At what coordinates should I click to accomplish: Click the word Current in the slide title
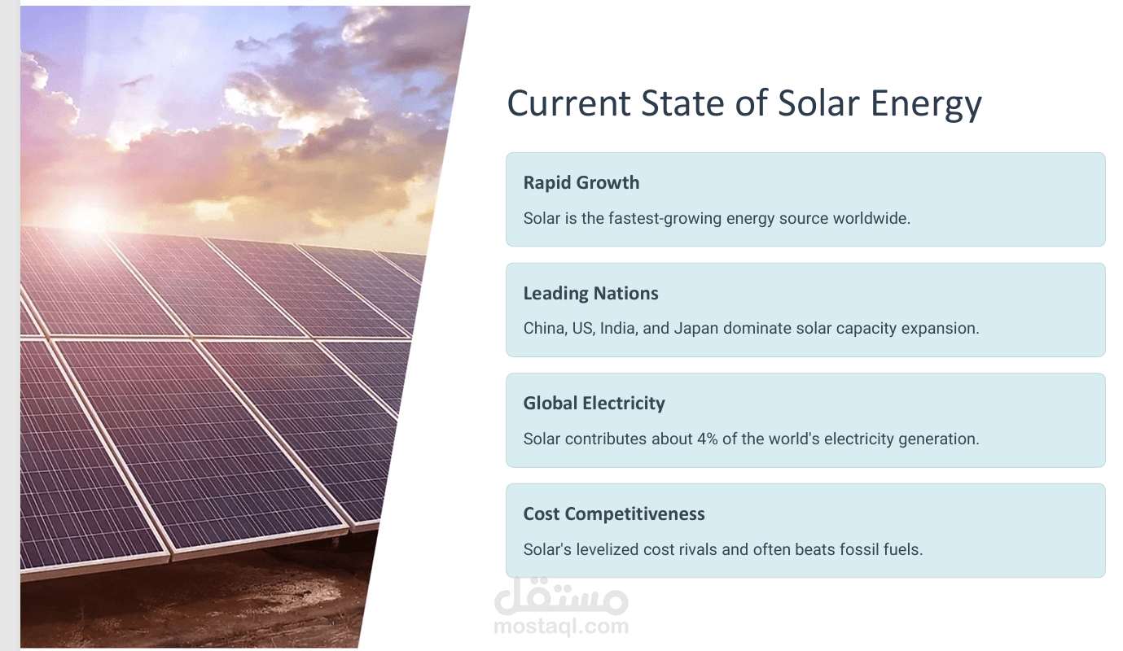pos(568,103)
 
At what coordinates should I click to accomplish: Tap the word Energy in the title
pos(926,105)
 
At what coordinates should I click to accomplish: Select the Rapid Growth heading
pos(581,183)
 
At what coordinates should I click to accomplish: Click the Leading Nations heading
pos(590,293)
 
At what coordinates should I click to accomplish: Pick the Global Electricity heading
pos(594,404)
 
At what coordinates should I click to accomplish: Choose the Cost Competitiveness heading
pos(614,514)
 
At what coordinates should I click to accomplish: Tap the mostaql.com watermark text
pos(561,627)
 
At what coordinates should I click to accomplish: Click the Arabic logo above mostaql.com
pos(561,596)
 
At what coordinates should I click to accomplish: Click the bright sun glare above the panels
pos(86,219)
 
